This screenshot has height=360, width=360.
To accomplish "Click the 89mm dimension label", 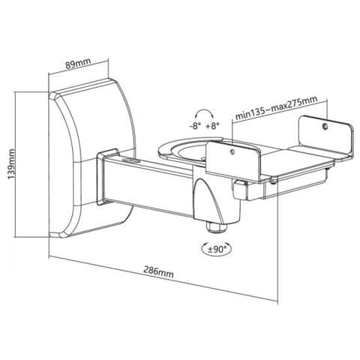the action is [x=78, y=64].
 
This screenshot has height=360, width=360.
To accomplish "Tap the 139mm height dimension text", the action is [x=11, y=164].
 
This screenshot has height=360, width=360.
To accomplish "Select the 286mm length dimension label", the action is [x=158, y=271].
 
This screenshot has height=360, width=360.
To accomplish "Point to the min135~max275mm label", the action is [x=277, y=108].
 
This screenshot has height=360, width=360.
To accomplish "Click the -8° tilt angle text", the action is [x=195, y=126].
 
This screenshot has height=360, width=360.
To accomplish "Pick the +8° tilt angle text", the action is [x=212, y=126].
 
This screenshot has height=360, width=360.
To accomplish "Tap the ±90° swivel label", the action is [x=217, y=249].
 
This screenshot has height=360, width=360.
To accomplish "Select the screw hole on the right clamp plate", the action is [x=325, y=127].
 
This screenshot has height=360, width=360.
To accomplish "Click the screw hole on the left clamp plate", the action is [x=232, y=151].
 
